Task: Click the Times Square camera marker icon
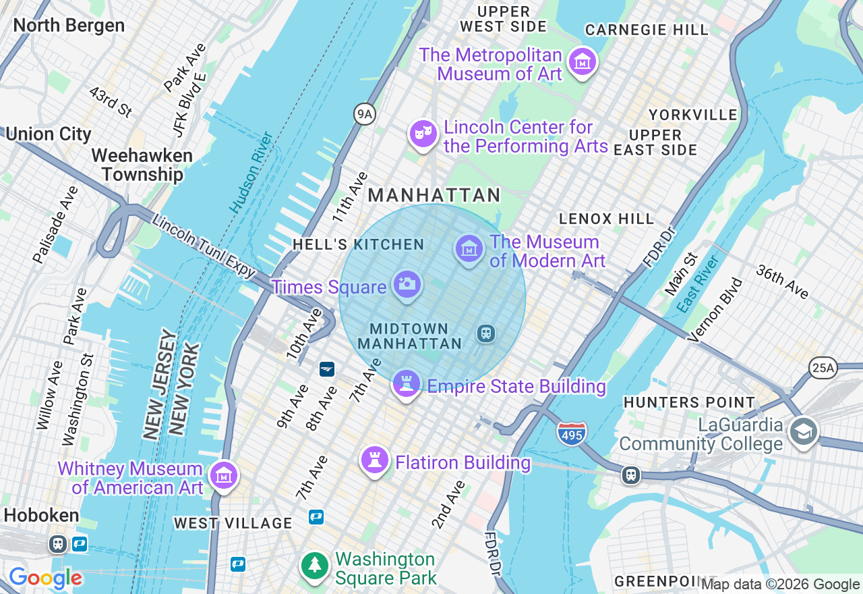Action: tap(406, 284)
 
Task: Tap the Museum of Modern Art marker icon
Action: tap(469, 249)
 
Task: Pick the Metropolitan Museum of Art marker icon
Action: tap(582, 62)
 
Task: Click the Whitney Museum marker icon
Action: tap(223, 476)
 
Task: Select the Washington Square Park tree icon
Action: tap(315, 566)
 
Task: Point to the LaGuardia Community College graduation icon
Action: tap(804, 433)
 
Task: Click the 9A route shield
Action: tap(364, 114)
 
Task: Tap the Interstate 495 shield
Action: tap(572, 433)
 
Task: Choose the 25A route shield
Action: tap(823, 368)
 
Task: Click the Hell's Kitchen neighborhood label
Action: tap(358, 244)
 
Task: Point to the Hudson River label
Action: tap(251, 173)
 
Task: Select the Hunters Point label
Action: tap(689, 402)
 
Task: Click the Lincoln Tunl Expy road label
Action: tap(203, 246)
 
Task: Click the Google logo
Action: tap(45, 578)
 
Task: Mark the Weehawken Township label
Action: tap(142, 165)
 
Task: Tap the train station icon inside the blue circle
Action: tap(485, 333)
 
